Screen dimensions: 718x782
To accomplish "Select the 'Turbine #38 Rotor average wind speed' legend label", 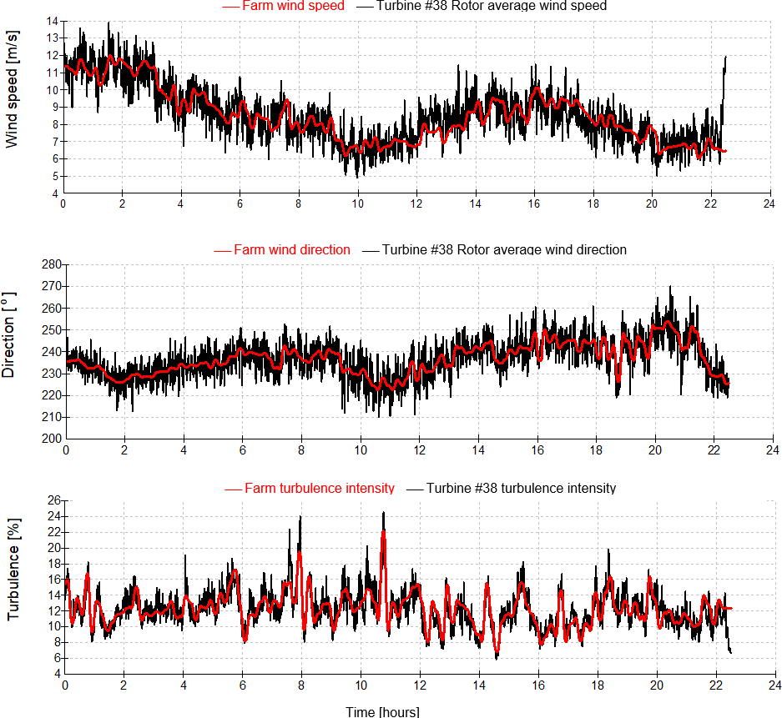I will tap(492, 6).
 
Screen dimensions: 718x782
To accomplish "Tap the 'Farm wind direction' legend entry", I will tap(291, 249).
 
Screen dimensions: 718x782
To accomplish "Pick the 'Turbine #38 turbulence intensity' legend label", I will tap(521, 488).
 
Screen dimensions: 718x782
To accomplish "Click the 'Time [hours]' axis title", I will tap(383, 711).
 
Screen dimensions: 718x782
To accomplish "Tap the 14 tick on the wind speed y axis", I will tap(53, 21).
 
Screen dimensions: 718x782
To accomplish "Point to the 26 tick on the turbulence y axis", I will tap(53, 500).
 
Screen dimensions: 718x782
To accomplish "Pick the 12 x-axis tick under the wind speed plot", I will tap(416, 203).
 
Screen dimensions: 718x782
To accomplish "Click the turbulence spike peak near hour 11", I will tap(383, 513).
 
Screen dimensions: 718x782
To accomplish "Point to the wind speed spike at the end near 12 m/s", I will tap(726, 57).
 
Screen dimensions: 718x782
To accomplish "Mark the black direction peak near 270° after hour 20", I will tap(670, 287).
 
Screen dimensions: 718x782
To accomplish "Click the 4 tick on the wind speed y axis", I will tap(55, 193).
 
